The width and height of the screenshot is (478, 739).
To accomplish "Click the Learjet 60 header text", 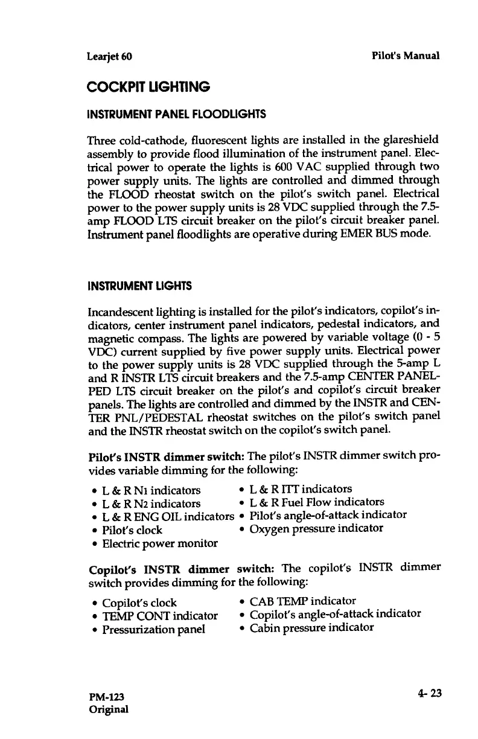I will click(110, 57).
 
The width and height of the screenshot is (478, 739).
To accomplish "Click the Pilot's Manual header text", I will click(406, 56).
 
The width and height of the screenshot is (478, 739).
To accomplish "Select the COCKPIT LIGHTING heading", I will click(149, 88).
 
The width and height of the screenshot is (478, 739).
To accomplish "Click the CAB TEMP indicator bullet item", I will click(302, 601).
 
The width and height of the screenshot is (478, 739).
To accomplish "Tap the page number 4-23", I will click(429, 693).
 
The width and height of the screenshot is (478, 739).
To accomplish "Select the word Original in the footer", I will click(109, 709).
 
